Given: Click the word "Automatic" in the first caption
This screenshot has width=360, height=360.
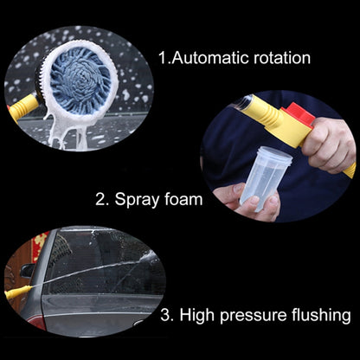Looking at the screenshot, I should (212, 59).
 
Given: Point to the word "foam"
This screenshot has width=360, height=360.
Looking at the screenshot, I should (182, 199).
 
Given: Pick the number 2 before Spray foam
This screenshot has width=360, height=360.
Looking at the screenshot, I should (101, 199).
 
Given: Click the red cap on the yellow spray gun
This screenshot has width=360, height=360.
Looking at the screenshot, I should (299, 114).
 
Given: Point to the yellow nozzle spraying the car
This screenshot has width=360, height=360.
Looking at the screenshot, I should (16, 293).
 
